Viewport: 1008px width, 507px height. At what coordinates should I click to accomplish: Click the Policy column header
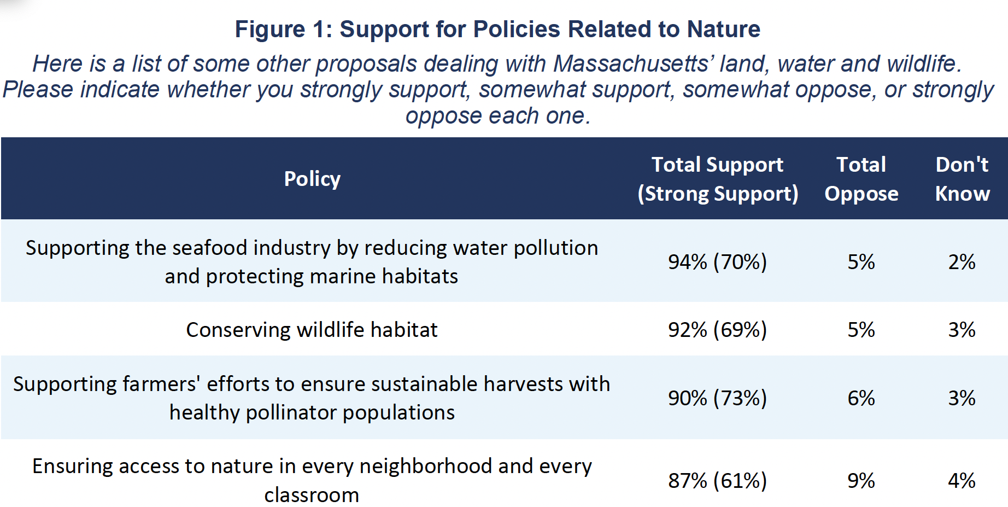point(312,179)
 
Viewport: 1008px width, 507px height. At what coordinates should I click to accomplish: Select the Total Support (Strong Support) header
point(717,179)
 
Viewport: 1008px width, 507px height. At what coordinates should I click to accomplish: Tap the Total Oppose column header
point(861,179)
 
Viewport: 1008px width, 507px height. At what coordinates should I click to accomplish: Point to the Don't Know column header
point(962,179)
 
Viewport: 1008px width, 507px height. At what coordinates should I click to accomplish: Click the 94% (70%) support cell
point(717,262)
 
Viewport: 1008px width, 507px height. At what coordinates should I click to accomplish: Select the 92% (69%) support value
point(717,330)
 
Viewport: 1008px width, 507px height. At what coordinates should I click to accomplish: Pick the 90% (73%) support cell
point(717,398)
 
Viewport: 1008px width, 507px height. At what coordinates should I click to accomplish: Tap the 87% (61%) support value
point(717,481)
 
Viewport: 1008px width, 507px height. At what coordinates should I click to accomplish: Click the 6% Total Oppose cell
point(861,398)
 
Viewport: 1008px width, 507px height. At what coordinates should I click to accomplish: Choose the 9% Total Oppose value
point(861,481)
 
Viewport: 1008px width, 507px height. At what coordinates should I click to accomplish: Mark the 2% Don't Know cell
point(962,262)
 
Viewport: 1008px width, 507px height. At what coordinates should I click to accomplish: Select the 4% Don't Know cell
point(962,481)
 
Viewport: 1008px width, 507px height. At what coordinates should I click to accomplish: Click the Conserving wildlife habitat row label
point(312,330)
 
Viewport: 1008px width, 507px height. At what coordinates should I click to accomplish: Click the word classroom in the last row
point(312,495)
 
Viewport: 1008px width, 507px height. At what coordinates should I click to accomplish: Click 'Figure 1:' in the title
point(283,29)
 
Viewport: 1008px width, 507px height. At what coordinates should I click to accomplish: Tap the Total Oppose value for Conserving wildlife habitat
point(861,330)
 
